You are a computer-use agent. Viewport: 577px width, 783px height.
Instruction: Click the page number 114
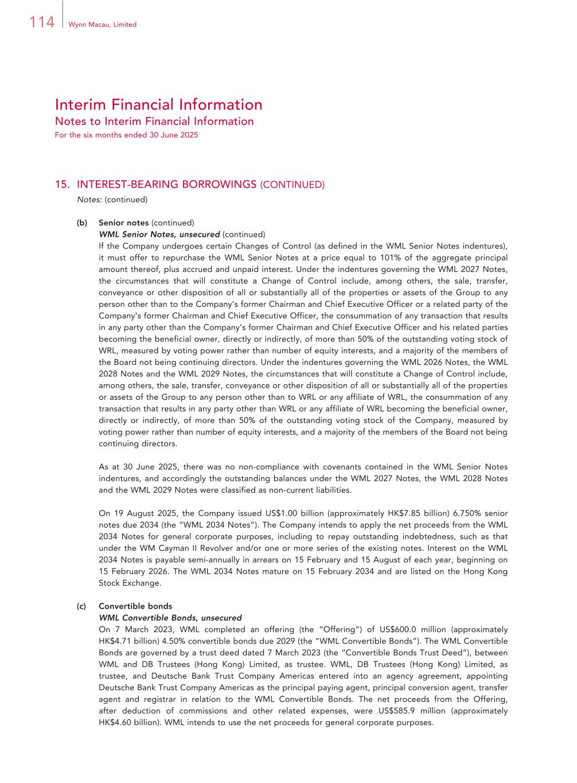tap(41, 22)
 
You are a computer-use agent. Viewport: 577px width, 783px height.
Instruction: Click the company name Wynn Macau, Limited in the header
tap(102, 25)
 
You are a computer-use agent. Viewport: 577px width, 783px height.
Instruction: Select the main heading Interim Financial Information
tap(158, 104)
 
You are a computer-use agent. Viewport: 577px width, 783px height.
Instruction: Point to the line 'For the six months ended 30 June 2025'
tap(126, 135)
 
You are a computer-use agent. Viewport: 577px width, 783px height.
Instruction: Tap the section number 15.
tap(62, 185)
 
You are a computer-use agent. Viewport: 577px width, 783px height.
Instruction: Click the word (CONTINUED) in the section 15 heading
tap(292, 185)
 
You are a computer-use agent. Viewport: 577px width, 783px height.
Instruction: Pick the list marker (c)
tap(82, 606)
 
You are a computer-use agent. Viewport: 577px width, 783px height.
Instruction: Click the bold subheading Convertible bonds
tap(135, 606)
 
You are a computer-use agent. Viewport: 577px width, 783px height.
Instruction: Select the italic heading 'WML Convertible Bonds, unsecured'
tap(170, 618)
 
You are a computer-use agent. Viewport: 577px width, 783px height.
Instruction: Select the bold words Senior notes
tap(124, 223)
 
